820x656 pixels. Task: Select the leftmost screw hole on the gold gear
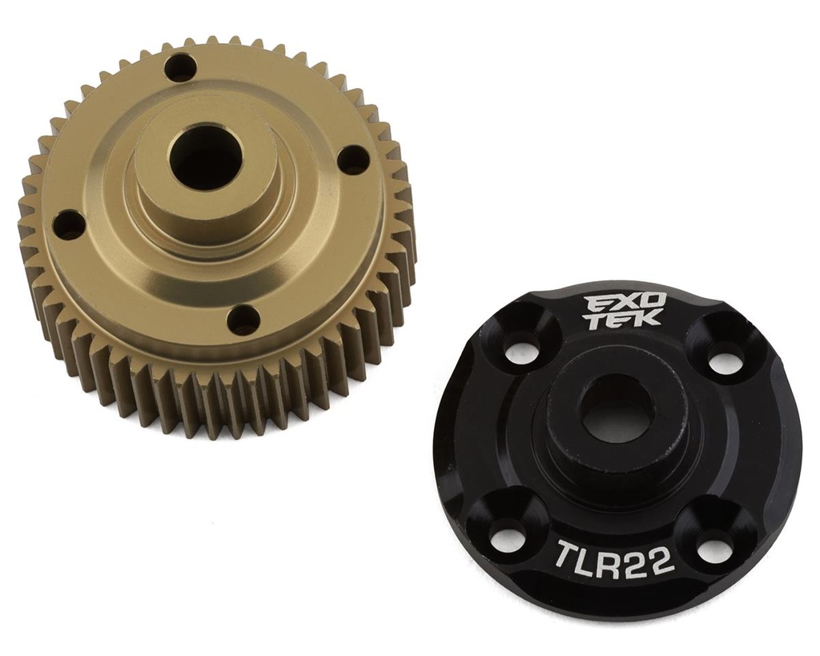click(x=68, y=225)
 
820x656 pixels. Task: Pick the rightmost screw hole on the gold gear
click(x=352, y=159)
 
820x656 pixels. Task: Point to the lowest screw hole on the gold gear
click(x=243, y=320)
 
